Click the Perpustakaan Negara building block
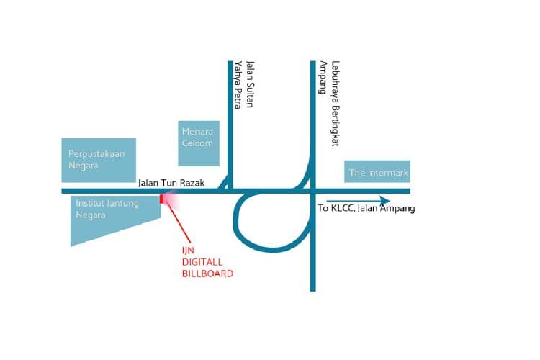point(99,160)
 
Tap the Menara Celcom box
point(199,143)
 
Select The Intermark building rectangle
point(377,171)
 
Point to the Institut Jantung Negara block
point(110,214)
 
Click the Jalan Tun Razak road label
point(171,183)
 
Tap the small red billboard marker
point(161,199)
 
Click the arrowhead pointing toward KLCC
point(385,201)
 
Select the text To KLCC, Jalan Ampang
point(366,208)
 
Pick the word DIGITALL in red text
point(202,262)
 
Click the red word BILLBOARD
point(207,274)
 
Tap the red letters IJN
point(188,251)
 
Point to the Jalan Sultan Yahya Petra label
point(244,85)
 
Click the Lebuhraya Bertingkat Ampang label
point(330,104)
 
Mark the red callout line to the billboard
point(178,220)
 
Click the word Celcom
point(197,143)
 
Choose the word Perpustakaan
point(96,154)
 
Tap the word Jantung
point(123,204)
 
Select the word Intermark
point(387,172)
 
